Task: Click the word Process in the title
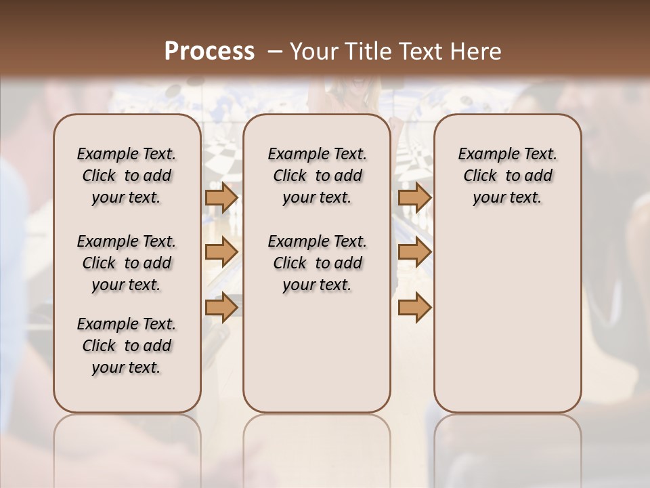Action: pyautogui.click(x=209, y=52)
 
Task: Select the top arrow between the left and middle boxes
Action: pyautogui.click(x=221, y=197)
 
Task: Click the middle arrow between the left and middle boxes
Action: pyautogui.click(x=221, y=252)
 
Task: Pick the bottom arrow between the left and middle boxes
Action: pyautogui.click(x=221, y=306)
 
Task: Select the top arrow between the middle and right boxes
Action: pyautogui.click(x=414, y=197)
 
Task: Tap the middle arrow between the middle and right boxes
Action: pyautogui.click(x=414, y=252)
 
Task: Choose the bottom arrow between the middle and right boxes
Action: pyautogui.click(x=414, y=306)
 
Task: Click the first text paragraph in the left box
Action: pyautogui.click(x=127, y=176)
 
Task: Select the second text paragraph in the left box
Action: pyautogui.click(x=127, y=263)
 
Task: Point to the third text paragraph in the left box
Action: pyautogui.click(x=127, y=346)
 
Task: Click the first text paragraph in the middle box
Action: pyautogui.click(x=317, y=176)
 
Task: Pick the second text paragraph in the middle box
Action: pyautogui.click(x=317, y=263)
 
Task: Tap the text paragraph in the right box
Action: pyautogui.click(x=508, y=176)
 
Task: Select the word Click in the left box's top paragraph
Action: pyautogui.click(x=99, y=176)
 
